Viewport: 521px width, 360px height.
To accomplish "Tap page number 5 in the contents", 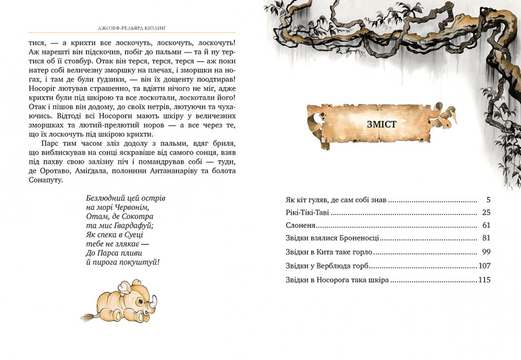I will click(x=488, y=199).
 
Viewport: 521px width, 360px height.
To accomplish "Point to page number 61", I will click(x=487, y=225).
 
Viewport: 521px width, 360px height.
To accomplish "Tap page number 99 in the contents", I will click(x=487, y=252).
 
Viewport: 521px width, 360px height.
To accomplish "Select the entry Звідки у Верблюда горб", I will click(x=327, y=266).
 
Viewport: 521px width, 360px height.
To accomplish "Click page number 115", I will click(x=484, y=280).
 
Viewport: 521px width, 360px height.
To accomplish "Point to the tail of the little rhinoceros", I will click(x=88, y=315).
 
